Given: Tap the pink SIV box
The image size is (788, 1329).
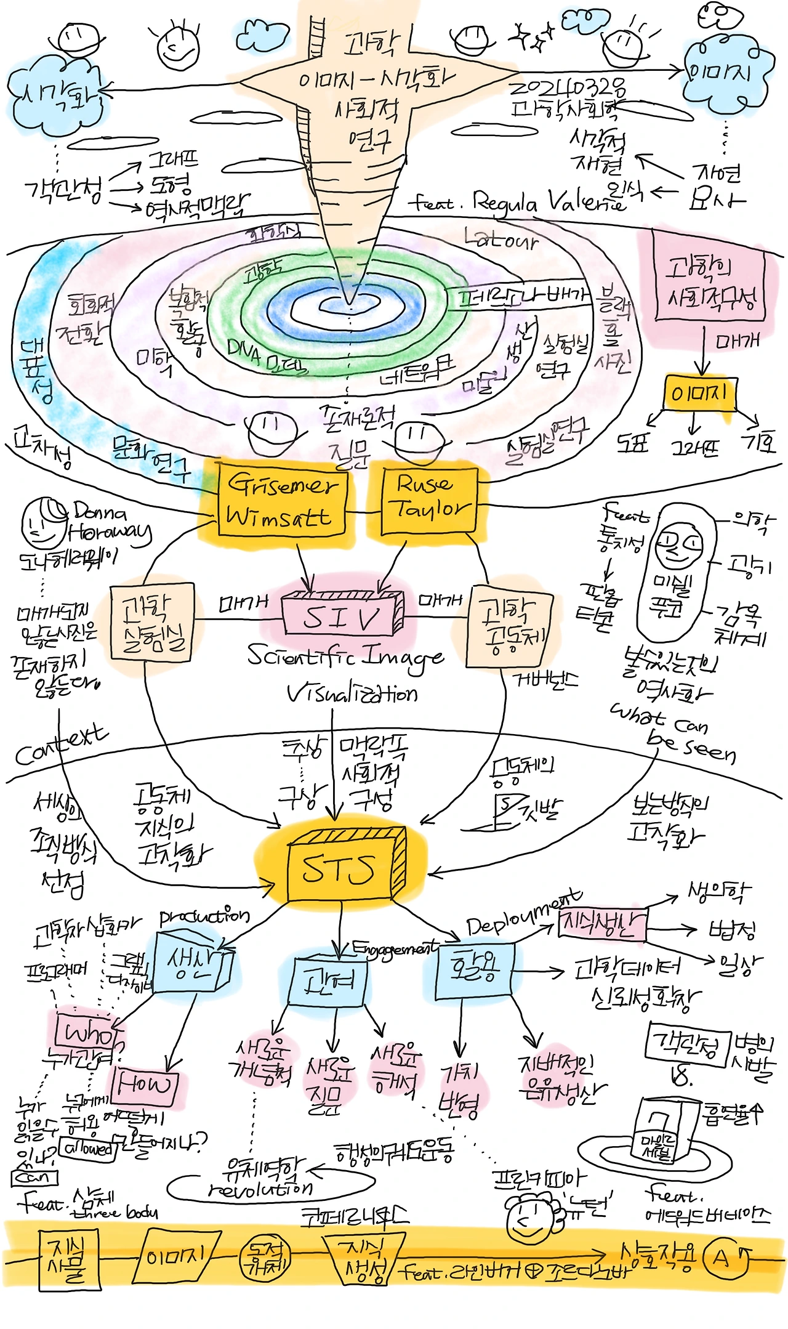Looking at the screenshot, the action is click(x=340, y=615).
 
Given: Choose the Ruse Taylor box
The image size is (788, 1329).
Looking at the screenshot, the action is click(x=429, y=500).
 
